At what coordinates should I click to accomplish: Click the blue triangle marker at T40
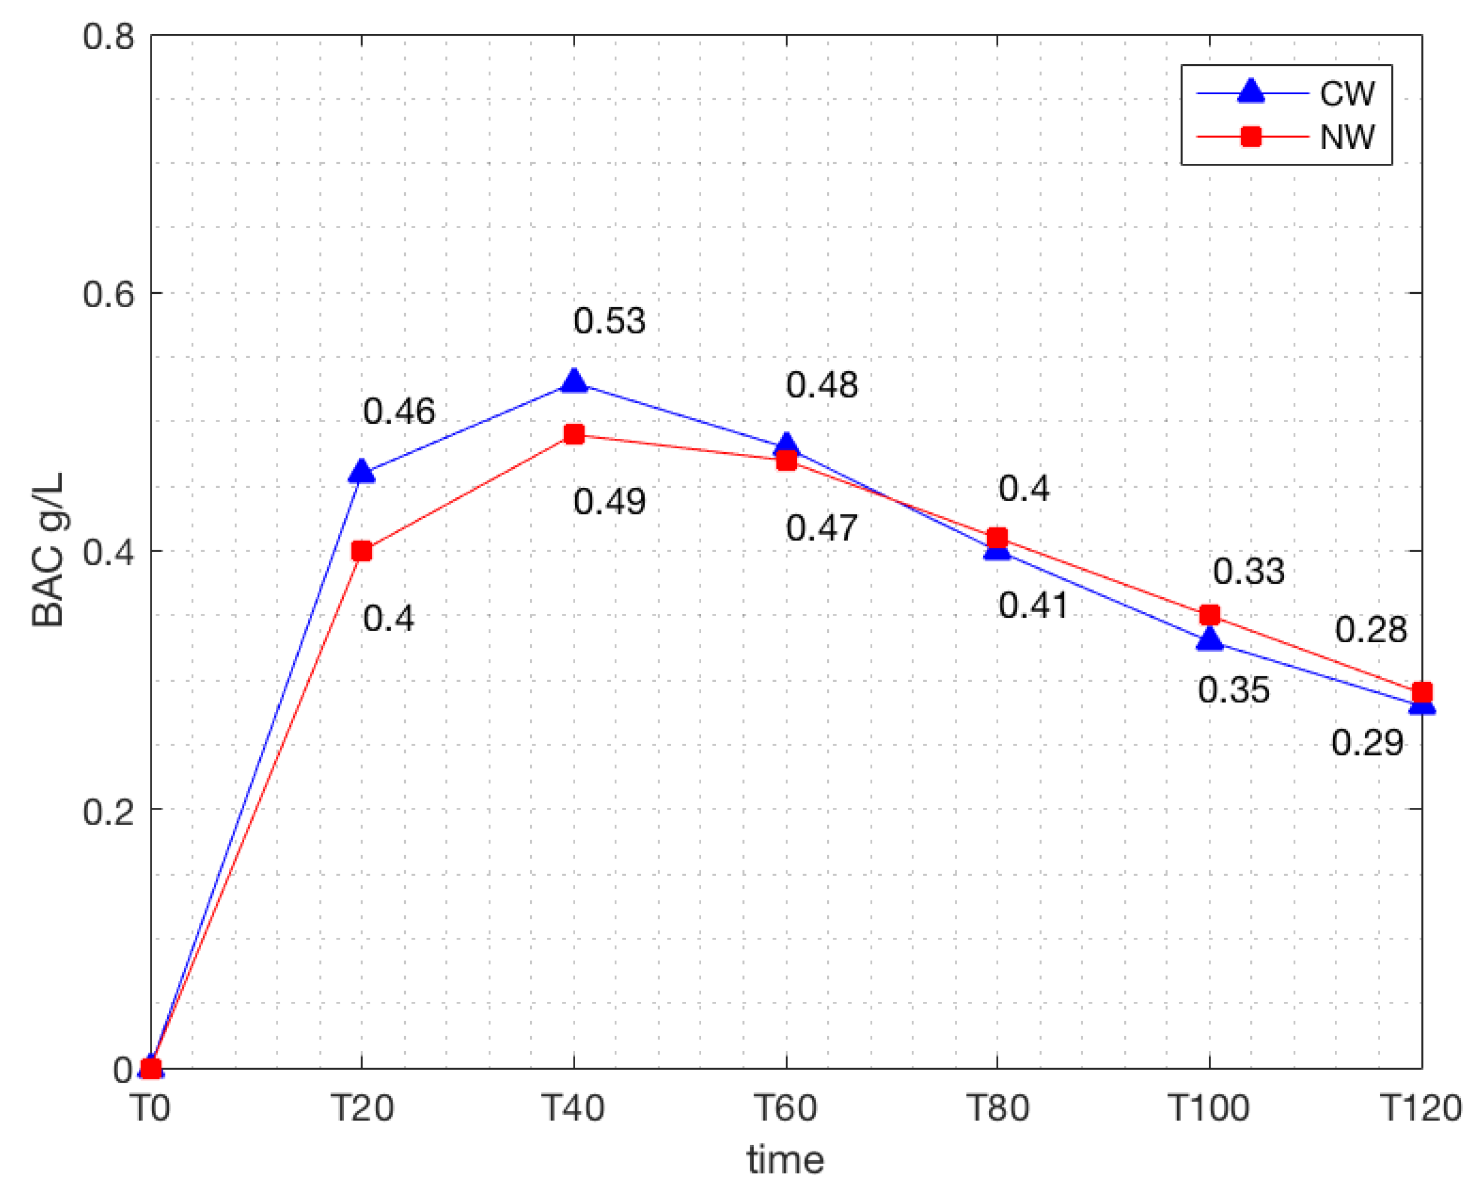(574, 381)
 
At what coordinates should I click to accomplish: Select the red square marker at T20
(361, 551)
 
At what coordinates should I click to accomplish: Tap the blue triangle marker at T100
(1209, 639)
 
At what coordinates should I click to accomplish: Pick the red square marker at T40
(574, 435)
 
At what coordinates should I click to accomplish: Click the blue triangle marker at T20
(361, 472)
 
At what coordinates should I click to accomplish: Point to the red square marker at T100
(1209, 615)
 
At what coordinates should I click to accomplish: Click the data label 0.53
(609, 321)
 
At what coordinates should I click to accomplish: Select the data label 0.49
(609, 501)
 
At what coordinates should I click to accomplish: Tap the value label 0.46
(399, 411)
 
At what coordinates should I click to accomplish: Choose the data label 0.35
(1233, 690)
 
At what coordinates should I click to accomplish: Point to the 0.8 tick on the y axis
(109, 36)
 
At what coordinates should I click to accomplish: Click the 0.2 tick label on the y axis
(109, 810)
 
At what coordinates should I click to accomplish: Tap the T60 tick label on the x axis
(786, 1107)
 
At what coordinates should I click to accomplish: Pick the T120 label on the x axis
(1421, 1107)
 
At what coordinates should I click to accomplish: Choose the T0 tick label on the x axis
(151, 1107)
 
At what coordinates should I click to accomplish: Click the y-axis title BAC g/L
(48, 550)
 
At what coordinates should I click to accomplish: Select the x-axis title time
(786, 1160)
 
